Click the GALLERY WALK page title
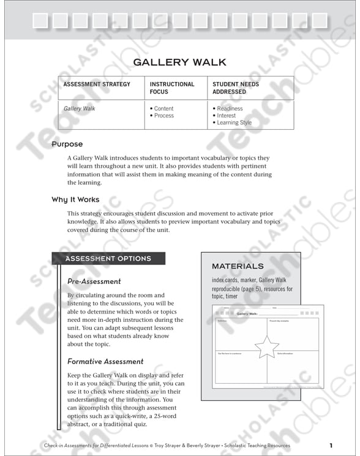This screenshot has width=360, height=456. tap(180, 62)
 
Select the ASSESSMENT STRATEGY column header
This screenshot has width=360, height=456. tap(97, 84)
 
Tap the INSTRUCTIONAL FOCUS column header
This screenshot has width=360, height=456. tap(172, 88)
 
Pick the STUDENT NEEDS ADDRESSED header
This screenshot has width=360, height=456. tap(236, 88)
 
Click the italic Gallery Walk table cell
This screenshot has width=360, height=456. tap(80, 109)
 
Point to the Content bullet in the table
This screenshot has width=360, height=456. tap(163, 109)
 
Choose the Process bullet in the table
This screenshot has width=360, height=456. tap(163, 116)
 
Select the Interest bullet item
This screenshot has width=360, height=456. tap(226, 116)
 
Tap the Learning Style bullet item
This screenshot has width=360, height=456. tap(234, 123)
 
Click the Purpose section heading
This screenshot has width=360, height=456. tap(67, 144)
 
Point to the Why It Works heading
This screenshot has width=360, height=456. tap(75, 200)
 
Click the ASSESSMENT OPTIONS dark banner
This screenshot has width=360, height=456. tap(108, 259)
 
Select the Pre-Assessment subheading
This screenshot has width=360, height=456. tap(94, 282)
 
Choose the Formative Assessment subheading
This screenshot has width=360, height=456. tap(105, 362)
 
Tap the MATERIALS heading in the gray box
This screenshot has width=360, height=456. tap(238, 266)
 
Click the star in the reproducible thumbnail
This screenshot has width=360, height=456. tap(266, 346)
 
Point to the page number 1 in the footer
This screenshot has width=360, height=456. tap(331, 445)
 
